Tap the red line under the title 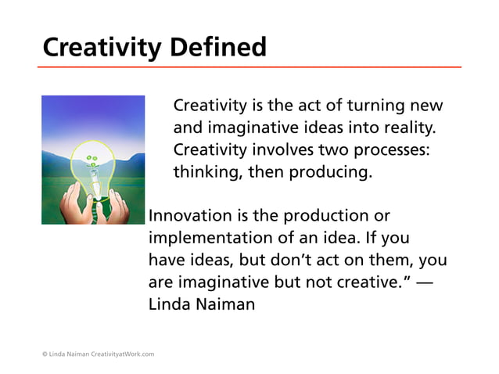tap(249, 67)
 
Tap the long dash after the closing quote tap(423, 282)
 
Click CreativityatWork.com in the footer tap(123, 354)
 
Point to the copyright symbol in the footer tap(44, 354)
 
